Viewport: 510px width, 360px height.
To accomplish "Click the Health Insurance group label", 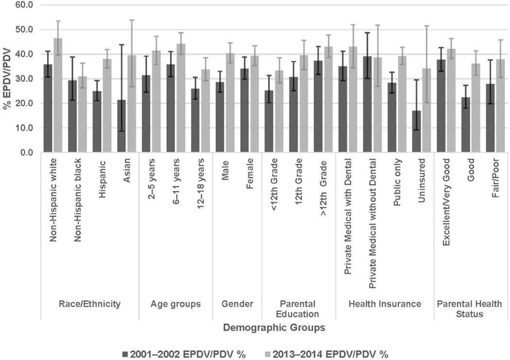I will pos(385,304).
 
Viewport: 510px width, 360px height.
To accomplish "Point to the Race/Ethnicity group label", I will pos(90,304).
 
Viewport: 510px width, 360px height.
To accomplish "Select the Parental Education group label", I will pos(299,309).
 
